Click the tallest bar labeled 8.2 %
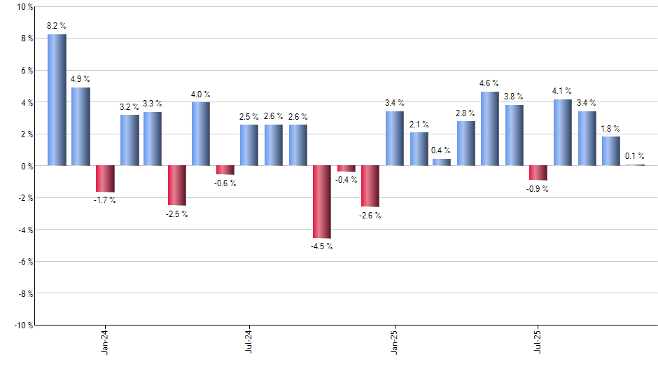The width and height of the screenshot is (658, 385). tap(57, 100)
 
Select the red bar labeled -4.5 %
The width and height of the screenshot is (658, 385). tap(322, 202)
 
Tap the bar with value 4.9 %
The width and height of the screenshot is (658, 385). tap(80, 127)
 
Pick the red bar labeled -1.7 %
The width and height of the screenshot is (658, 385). tap(105, 179)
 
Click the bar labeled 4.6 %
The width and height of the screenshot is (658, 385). tap(490, 129)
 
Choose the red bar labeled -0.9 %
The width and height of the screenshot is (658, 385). tap(538, 173)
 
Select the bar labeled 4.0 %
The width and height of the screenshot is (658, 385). tap(201, 134)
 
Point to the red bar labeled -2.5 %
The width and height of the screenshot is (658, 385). tap(177, 185)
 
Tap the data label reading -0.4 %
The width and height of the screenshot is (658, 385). tap(346, 180)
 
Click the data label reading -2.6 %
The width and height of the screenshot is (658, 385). tap(370, 216)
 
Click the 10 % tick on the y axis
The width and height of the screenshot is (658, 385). tap(24, 7)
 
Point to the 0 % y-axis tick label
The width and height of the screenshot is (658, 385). tap(27, 166)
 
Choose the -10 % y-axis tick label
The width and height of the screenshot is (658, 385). tap(22, 325)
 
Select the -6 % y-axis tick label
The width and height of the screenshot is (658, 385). tap(24, 262)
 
